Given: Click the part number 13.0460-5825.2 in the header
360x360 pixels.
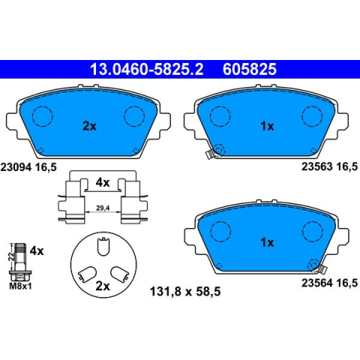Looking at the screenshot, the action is pos(146,69).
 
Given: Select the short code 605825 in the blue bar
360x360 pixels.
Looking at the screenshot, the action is pos(250,69).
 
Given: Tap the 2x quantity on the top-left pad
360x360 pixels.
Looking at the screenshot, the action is pos(89,126).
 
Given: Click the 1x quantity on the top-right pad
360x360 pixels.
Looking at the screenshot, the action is pos(267,126).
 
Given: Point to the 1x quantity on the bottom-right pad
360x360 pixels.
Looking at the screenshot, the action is pos(267,242).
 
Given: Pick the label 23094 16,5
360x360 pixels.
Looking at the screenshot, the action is pos(28,166).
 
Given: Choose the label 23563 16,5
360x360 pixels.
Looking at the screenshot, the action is pos(329,166).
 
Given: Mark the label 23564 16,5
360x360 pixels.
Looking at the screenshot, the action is pos(329,283).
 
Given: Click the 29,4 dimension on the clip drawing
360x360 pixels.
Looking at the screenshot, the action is pos(103,208).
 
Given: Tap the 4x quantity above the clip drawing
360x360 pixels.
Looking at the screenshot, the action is pos(103,183).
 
